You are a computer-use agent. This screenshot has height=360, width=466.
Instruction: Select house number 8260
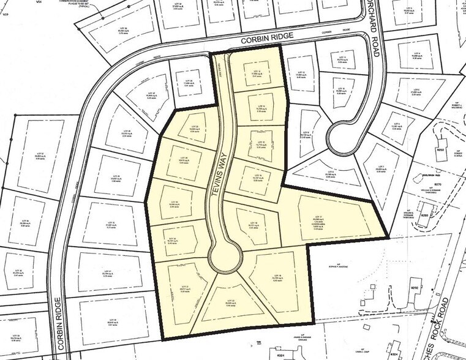click(x=438, y=149)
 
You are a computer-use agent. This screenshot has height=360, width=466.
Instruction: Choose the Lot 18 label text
click(x=252, y=224)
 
